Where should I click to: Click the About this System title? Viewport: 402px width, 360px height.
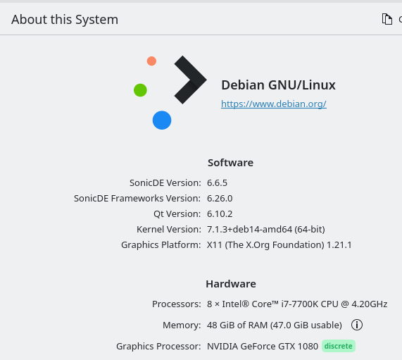(x=65, y=20)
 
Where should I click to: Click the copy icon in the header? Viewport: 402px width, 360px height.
(x=387, y=19)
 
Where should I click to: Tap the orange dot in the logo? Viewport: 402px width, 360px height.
(x=151, y=61)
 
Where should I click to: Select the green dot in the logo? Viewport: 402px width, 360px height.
(x=140, y=90)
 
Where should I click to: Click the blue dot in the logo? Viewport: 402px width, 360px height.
(x=162, y=120)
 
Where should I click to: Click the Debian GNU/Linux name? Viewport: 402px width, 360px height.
(x=278, y=85)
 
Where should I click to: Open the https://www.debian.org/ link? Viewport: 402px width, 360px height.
(x=274, y=104)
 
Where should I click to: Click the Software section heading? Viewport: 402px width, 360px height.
(x=230, y=163)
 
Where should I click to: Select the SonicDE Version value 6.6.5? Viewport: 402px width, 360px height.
(x=217, y=183)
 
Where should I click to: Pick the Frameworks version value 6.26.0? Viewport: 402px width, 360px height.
(x=220, y=199)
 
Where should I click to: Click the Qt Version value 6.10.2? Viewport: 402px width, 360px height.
(x=220, y=214)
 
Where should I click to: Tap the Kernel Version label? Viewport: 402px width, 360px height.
(x=169, y=230)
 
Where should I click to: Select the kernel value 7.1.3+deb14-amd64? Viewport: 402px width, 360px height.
(x=249, y=230)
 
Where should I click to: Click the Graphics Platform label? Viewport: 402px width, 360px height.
(x=161, y=244)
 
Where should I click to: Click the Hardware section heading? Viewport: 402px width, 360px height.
(x=231, y=284)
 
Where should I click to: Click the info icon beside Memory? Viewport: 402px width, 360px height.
(x=357, y=325)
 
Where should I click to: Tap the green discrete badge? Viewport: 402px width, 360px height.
(x=339, y=346)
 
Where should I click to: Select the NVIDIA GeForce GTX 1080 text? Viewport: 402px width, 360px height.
(x=263, y=346)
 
